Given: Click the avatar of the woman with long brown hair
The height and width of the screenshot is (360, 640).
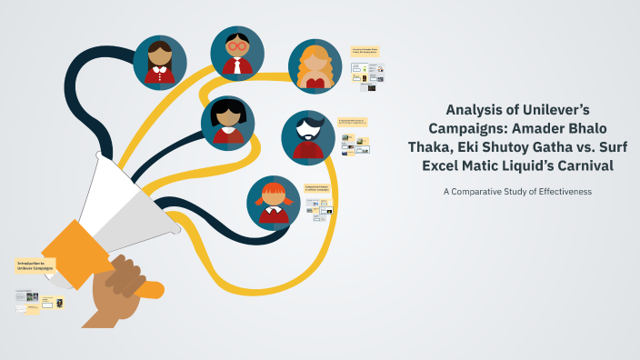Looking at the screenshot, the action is coord(160,63).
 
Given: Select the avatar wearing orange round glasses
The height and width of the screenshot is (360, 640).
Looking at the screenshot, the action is coord(237,53).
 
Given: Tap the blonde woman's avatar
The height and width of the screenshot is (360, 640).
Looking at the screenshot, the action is coord(315,67).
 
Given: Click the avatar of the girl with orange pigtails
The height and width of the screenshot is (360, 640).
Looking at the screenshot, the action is coord(274,202).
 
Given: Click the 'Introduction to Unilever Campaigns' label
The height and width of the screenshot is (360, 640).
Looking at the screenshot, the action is coord(36,266).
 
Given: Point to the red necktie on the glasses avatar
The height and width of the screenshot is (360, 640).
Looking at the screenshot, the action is coord(237,66).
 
